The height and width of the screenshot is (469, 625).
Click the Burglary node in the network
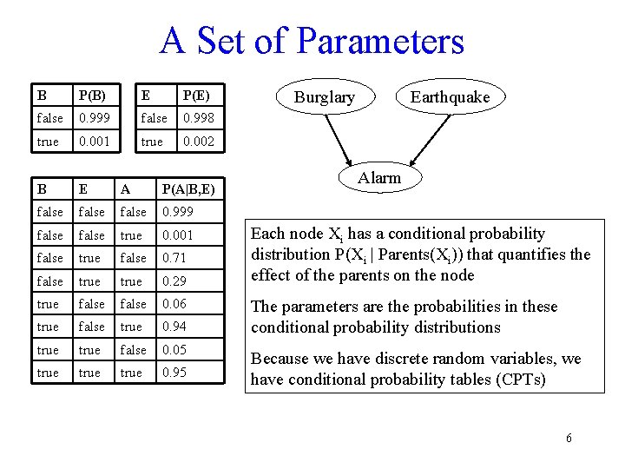[324, 97]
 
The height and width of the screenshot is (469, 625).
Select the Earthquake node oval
[450, 97]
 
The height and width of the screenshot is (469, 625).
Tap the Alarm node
[379, 178]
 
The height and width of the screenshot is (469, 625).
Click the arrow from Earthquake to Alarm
[410, 139]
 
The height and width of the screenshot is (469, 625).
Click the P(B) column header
[93, 95]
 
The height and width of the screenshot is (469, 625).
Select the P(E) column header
[194, 95]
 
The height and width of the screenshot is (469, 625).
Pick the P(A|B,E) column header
[188, 188]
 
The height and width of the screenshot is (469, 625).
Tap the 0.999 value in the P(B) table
[95, 118]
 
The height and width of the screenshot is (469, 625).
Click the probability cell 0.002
[196, 141]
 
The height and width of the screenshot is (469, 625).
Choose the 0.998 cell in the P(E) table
[196, 118]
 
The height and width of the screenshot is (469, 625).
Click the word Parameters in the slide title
[379, 41]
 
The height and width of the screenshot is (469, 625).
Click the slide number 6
[569, 438]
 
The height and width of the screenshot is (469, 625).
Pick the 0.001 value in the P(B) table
[95, 141]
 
